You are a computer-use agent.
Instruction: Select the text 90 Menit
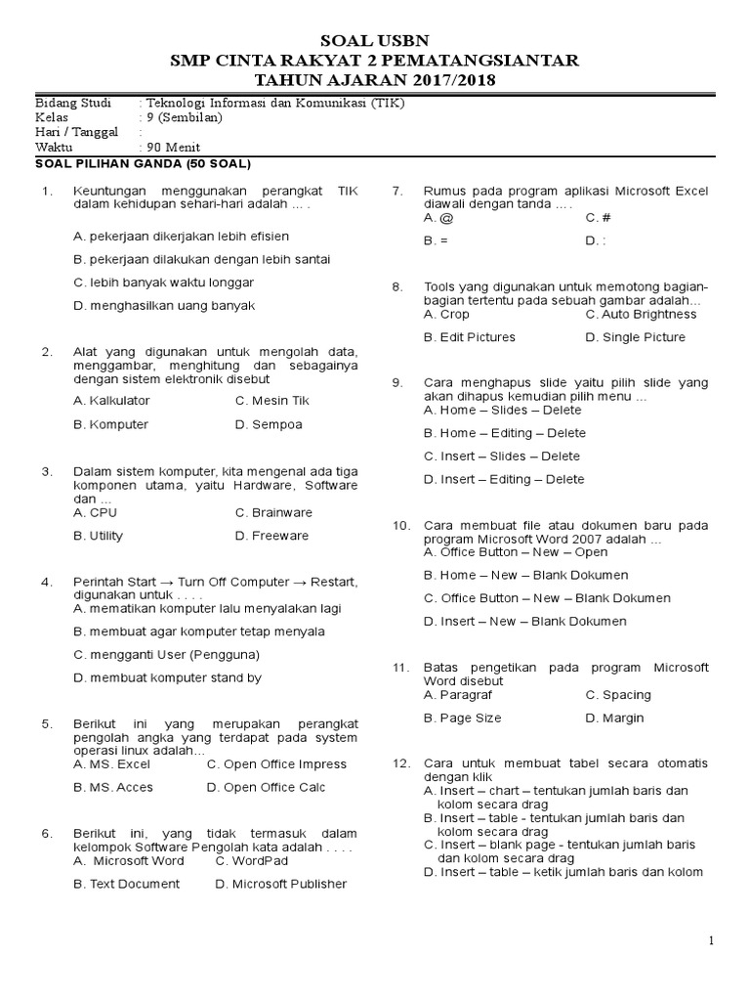point(174,148)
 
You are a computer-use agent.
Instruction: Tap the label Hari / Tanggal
point(76,132)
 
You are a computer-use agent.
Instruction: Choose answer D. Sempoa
point(269,424)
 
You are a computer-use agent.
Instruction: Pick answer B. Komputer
point(111,424)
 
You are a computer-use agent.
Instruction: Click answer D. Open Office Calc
point(266,787)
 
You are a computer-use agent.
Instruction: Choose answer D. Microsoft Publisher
point(280,884)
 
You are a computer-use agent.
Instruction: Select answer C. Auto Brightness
point(641,314)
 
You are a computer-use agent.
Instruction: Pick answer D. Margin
point(614,718)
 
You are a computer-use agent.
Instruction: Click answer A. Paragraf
point(457,694)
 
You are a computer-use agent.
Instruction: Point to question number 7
point(396,191)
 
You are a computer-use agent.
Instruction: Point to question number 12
point(399,762)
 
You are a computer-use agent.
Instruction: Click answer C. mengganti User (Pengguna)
point(167,654)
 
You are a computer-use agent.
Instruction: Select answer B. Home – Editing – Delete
point(504,433)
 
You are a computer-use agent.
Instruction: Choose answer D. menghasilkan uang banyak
point(164,305)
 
